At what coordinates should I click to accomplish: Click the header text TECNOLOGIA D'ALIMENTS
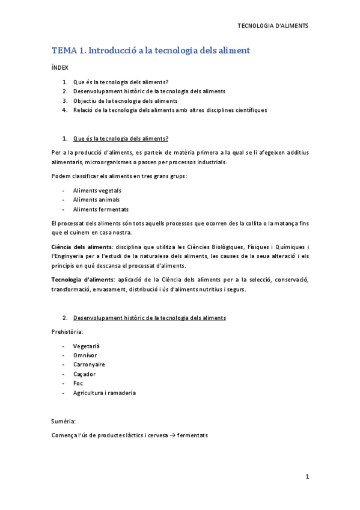[273, 26]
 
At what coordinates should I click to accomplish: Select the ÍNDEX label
[59, 68]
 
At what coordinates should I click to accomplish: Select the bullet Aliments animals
[96, 200]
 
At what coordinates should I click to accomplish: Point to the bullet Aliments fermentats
[100, 209]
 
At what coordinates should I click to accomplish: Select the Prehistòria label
[67, 331]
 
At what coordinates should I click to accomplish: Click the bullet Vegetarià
[86, 346]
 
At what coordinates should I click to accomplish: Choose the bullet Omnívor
[85, 355]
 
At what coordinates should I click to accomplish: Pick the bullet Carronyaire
[89, 364]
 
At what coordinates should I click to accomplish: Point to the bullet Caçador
[84, 374]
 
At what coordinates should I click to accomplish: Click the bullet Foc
[78, 383]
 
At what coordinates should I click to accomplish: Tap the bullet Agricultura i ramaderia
[105, 393]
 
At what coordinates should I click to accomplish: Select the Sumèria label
[64, 422]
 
